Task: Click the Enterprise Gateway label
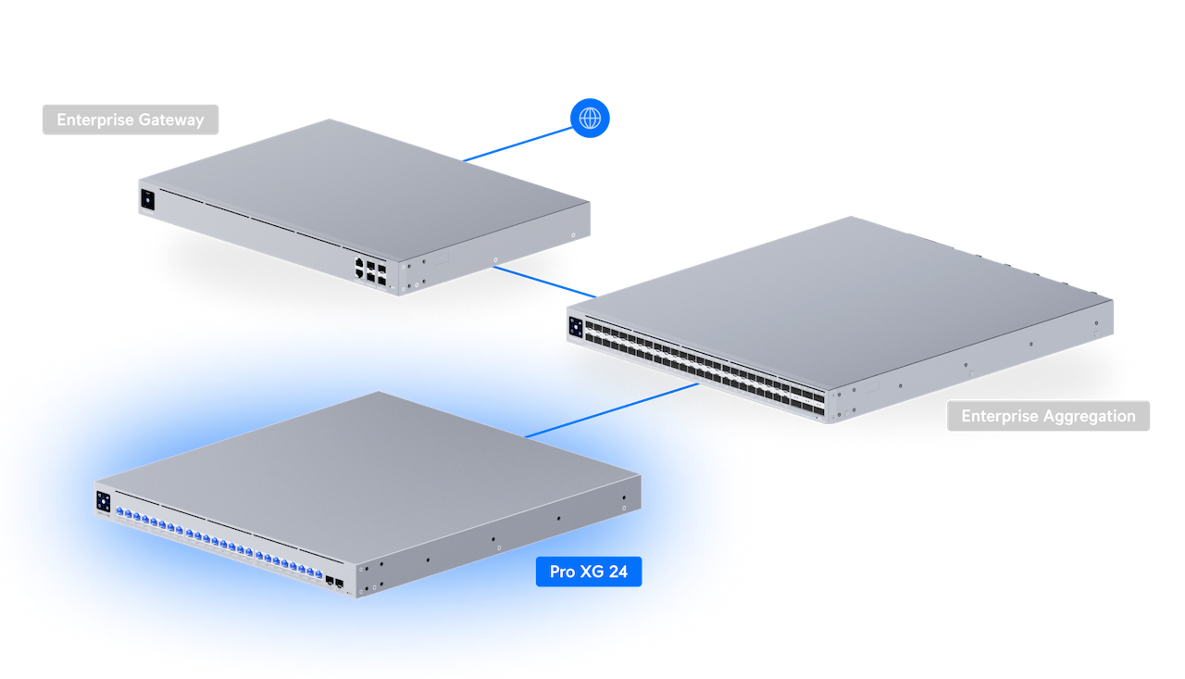coord(131,119)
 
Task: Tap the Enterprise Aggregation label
coord(1048,416)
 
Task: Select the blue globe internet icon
coord(590,119)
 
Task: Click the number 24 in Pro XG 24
coord(617,572)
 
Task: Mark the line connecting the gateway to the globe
coord(518,144)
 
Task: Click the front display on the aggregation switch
coord(576,327)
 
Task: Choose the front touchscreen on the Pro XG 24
coord(103,501)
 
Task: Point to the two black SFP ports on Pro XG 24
coord(334,584)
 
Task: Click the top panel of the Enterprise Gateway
coord(361,181)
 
